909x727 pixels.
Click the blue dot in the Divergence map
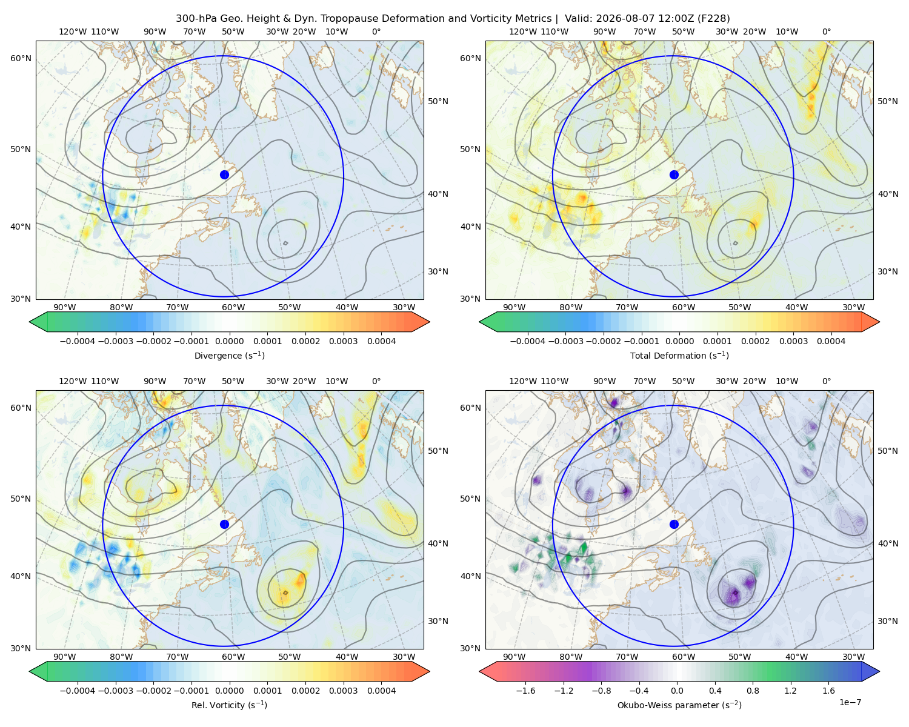point(224,175)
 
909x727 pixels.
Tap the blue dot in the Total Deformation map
point(674,175)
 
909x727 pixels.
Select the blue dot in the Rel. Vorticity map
point(224,524)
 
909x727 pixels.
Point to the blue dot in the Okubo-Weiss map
point(674,524)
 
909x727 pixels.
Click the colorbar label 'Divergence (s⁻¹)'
point(229,356)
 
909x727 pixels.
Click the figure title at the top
point(453,19)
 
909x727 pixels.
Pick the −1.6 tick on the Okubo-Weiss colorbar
point(525,691)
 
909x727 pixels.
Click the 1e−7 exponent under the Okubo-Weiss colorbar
point(850,702)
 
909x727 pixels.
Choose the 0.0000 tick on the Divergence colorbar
point(229,341)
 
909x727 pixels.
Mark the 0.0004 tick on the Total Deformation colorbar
point(831,341)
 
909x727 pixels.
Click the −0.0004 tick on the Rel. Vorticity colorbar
point(78,691)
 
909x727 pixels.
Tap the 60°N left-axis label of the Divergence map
point(21,58)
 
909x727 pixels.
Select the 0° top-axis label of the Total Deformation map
point(826,32)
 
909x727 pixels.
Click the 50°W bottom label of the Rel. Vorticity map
point(289,657)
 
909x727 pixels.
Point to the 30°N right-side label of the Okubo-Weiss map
point(888,621)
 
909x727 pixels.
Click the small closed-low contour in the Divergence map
point(285,243)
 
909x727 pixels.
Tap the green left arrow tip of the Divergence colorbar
point(30,322)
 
